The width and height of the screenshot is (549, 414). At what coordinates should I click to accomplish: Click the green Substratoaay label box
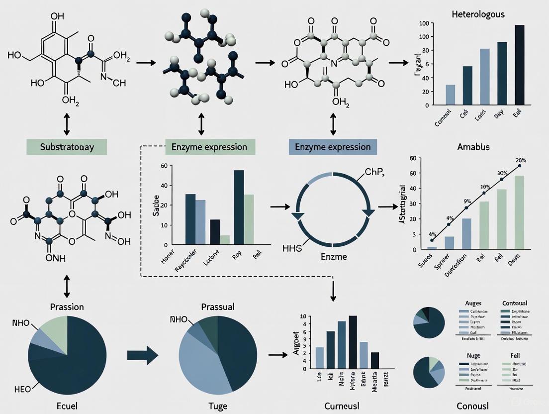point(67,147)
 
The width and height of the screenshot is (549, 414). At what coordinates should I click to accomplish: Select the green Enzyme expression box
point(209,147)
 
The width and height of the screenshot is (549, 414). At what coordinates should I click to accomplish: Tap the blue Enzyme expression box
point(333,147)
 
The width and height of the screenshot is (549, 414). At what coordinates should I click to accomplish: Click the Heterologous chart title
point(478,14)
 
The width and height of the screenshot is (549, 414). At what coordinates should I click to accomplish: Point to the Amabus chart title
point(473,147)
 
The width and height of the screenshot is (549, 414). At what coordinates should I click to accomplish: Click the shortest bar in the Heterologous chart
point(450,95)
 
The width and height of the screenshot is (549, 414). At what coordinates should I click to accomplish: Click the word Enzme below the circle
point(332,257)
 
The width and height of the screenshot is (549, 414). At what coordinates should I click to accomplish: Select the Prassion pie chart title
point(67,307)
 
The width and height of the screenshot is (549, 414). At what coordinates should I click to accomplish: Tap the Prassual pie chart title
point(218,307)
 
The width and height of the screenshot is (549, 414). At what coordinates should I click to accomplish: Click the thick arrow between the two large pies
point(143,355)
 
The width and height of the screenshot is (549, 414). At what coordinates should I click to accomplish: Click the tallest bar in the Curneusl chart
point(353,342)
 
